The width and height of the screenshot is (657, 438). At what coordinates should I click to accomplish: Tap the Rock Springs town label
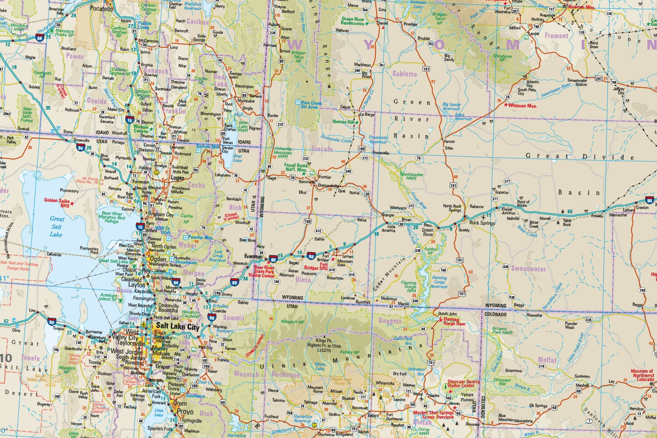pos(482,223)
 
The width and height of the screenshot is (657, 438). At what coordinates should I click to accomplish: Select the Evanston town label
pos(253,257)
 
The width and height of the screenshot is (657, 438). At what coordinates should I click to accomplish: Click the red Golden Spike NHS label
pos(57,202)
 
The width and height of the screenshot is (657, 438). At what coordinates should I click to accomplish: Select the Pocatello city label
pos(101,8)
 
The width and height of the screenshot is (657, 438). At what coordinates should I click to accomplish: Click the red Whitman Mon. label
pos(523,106)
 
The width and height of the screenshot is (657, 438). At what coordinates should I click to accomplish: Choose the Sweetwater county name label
pos(528,268)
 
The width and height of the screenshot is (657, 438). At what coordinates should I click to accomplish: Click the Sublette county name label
pos(405,74)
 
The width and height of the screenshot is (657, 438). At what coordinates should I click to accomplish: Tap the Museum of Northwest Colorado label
pos(643,375)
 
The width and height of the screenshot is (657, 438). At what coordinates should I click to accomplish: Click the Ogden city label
pos(158,259)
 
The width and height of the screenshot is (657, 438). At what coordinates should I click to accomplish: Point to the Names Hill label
pos(343,122)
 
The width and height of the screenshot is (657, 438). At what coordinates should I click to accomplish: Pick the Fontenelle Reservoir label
pos(378,140)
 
